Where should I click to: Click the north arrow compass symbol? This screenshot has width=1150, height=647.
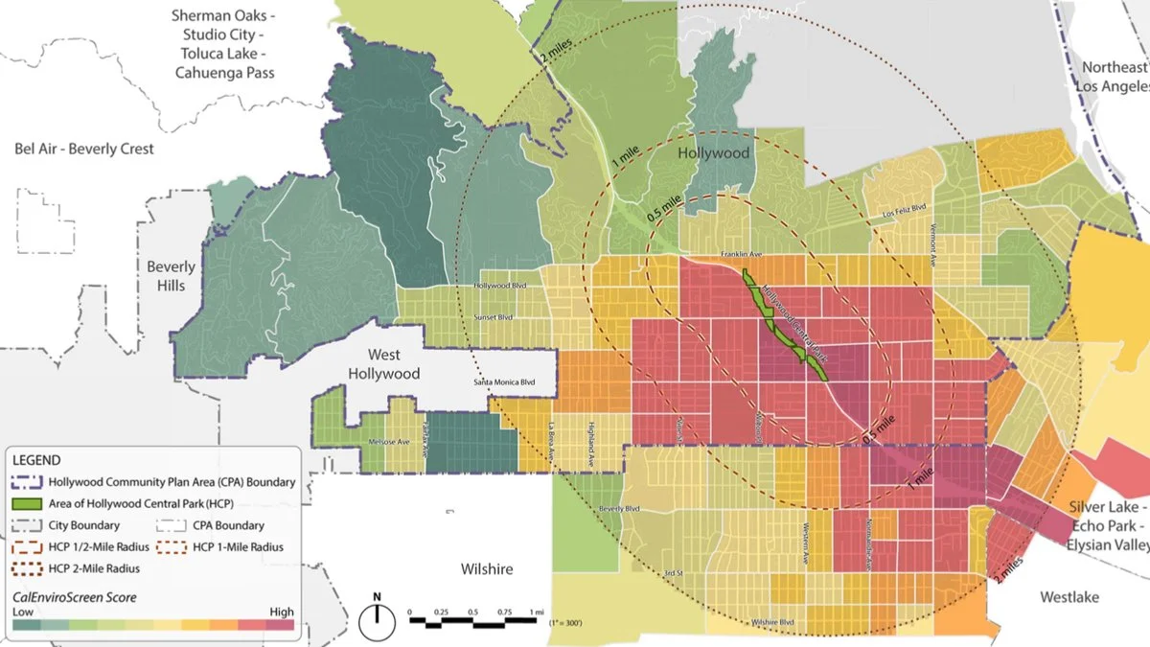377,621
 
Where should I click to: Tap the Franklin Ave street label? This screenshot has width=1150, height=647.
742,255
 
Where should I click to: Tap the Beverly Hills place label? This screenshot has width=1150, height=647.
172,276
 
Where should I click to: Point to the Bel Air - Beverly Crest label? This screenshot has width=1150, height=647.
83,149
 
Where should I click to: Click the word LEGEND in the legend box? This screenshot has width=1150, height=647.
37,461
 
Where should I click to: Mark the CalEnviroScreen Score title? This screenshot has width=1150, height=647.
75,597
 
